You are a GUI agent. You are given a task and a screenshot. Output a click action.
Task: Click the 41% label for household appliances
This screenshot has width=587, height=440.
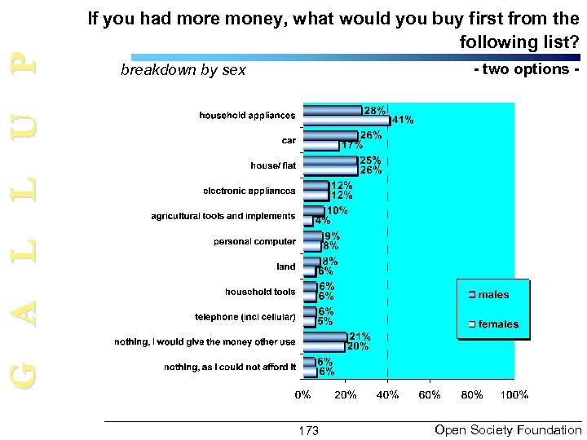point(402,120)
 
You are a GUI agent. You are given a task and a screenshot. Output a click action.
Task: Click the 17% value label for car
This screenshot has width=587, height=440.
point(351,145)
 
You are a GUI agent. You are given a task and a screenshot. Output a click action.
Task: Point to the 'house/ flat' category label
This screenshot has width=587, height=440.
point(273,165)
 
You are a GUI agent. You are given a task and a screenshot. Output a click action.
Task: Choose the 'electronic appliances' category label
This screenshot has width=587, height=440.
point(249,191)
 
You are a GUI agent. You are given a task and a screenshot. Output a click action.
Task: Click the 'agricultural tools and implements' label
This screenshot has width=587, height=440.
point(223,216)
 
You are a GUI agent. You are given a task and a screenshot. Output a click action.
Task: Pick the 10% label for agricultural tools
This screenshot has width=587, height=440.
point(337,210)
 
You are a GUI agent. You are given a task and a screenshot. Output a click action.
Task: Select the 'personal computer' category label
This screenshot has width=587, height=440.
point(254,241)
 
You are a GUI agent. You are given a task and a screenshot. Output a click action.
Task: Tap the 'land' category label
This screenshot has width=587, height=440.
point(286,266)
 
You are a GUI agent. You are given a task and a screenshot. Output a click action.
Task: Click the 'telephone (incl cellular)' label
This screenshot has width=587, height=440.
point(245,316)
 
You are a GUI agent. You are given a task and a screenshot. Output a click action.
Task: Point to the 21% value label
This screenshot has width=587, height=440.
point(360,336)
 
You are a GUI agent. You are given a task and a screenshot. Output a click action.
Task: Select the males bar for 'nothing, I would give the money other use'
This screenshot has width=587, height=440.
point(324,337)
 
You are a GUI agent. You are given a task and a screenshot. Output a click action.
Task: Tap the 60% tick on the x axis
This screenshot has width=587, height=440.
point(430,395)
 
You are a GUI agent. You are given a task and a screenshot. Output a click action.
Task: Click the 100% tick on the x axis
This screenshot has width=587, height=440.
point(514,395)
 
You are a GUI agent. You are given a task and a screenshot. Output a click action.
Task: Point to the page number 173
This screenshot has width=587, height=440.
point(309,430)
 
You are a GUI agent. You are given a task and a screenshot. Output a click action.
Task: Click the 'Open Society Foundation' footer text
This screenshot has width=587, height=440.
point(508,429)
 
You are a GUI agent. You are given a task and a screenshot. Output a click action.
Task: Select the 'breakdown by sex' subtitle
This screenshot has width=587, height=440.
point(183,70)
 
